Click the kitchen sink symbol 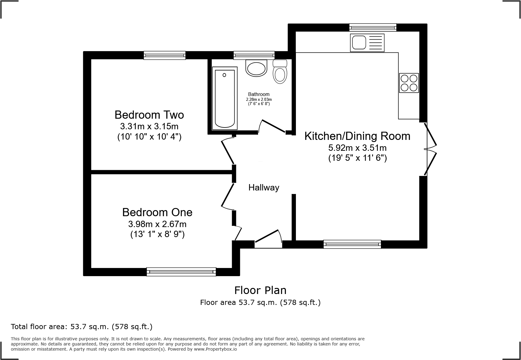click(367, 42)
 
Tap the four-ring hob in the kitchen click(409, 83)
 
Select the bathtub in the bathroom click(224, 98)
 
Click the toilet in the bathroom click(280, 73)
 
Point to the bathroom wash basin click(257, 68)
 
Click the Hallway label click(264, 188)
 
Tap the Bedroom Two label click(149, 115)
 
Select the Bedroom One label click(157, 212)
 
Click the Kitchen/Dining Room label click(357, 136)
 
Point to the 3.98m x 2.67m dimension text click(157, 224)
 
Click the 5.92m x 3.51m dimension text click(357, 148)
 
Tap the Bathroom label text click(259, 94)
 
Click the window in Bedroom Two click(164, 55)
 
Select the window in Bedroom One click(181, 272)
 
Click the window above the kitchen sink click(372, 28)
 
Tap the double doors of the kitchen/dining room click(430, 149)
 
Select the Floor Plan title click(260, 290)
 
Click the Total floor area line click(82, 327)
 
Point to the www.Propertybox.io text click(215, 349)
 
